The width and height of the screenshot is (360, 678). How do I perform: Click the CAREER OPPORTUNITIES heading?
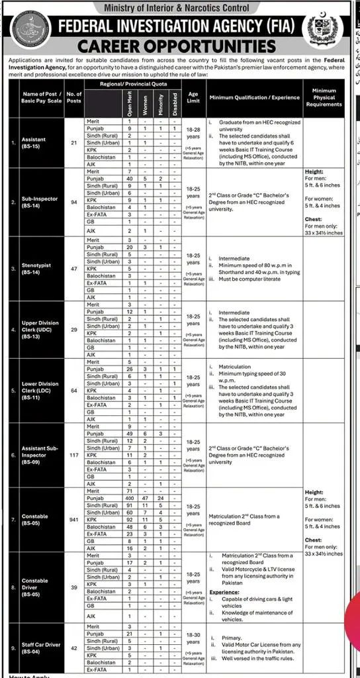[176, 46]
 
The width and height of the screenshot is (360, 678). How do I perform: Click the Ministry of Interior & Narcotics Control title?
[179, 7]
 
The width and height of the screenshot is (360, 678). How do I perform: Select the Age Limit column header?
[193, 97]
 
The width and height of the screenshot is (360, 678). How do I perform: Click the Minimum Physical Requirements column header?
[324, 97]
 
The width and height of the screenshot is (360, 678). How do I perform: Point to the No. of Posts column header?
[74, 98]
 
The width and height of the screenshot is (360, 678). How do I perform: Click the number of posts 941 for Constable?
[74, 520]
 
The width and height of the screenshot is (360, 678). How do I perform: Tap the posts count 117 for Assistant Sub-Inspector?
[74, 456]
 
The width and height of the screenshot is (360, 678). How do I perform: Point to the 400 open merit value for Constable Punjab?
[130, 497]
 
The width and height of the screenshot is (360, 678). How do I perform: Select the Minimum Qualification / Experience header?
[254, 97]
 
